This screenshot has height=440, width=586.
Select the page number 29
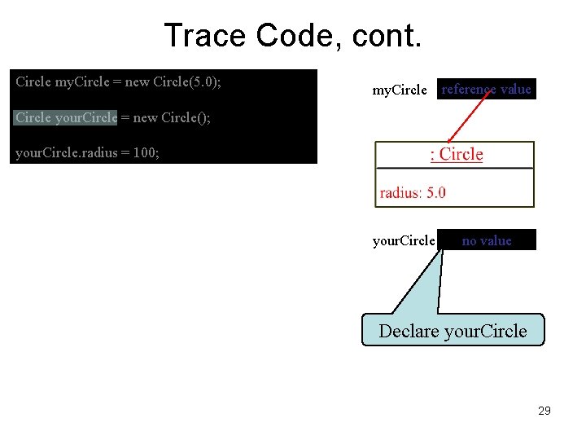pos(544,411)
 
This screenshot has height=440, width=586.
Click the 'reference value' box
pos(486,90)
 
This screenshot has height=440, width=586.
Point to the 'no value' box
pos(487,240)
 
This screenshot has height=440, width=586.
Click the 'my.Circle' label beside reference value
pos(399,90)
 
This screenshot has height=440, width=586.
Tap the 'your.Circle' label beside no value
pos(404,241)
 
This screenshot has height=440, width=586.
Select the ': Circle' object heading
pos(456,155)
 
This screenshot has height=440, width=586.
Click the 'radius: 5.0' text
pos(413,193)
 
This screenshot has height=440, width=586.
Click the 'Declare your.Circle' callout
pos(453,331)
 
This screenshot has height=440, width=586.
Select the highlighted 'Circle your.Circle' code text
pos(66,117)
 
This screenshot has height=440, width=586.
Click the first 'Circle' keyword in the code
pos(33,82)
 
